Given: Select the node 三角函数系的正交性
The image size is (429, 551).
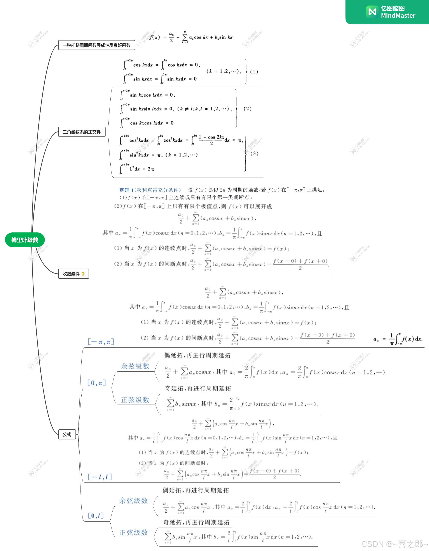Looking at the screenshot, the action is point(82,132).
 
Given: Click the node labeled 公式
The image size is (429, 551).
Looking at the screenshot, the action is point(67,435).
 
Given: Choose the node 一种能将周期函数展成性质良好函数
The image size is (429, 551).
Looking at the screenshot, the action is point(97,45).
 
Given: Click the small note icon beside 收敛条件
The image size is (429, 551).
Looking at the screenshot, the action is point(83,274).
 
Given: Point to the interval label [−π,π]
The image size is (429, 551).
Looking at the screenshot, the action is point(101,342).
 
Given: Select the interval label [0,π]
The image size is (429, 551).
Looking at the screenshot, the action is point(97,383).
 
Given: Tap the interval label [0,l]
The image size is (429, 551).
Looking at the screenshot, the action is point(96,516).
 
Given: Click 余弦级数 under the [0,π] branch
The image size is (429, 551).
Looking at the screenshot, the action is point(135,366).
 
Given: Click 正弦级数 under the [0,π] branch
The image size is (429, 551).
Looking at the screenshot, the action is point(135,400).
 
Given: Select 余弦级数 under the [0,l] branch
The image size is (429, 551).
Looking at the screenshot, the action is point(134,501).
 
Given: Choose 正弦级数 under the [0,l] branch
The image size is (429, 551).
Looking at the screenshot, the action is point(134,532).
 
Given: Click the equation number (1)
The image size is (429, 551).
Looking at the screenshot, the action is point(254,72).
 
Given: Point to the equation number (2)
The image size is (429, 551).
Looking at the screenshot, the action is point(247,108).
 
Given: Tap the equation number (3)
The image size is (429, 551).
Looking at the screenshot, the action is point(254,153).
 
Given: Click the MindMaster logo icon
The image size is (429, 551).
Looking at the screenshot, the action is point(372,12).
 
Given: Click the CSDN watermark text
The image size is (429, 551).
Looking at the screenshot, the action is point(395,544).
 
